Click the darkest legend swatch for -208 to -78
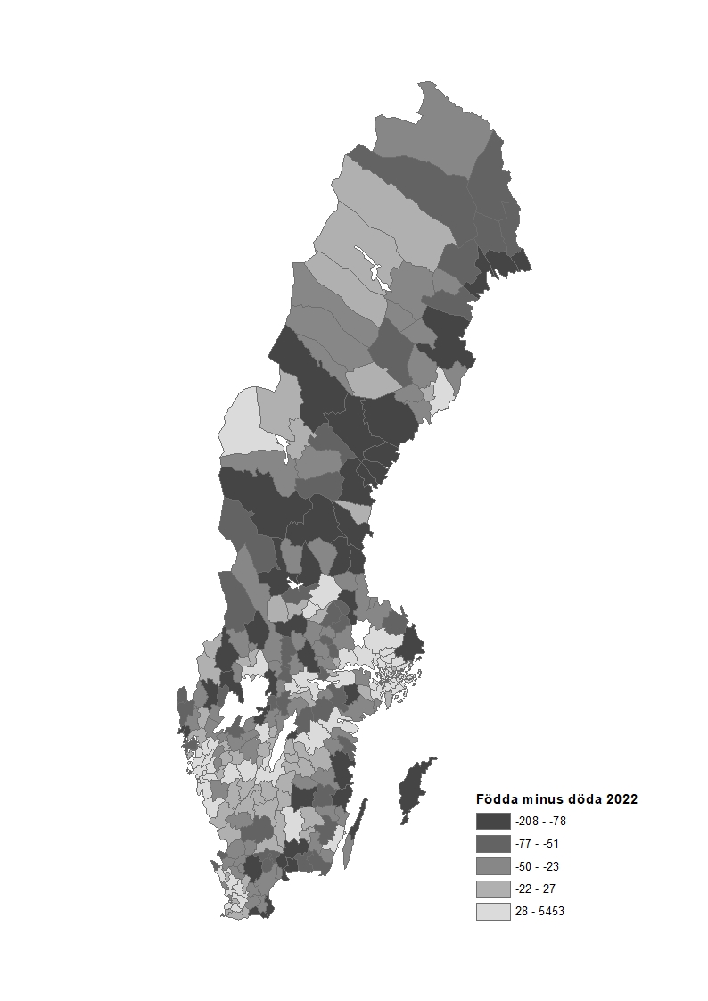[493, 821]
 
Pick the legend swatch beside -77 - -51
[493, 843]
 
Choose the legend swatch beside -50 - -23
[493, 866]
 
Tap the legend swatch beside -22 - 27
[493, 889]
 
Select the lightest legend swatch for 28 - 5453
[493, 912]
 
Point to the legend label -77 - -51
[537, 843]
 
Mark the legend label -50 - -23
[537, 866]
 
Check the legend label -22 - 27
[535, 889]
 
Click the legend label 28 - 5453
[539, 912]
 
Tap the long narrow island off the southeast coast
[355, 834]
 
